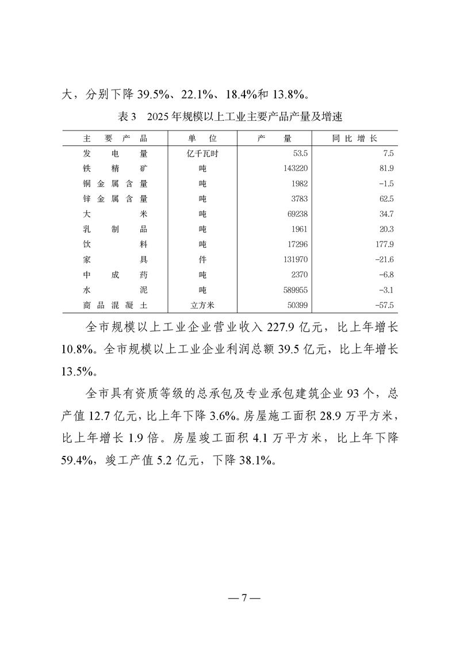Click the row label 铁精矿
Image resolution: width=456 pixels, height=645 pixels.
click(115, 168)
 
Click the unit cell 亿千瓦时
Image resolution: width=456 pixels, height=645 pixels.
click(202, 153)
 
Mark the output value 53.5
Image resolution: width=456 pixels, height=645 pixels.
click(301, 153)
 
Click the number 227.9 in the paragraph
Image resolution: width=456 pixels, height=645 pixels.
click(278, 327)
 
